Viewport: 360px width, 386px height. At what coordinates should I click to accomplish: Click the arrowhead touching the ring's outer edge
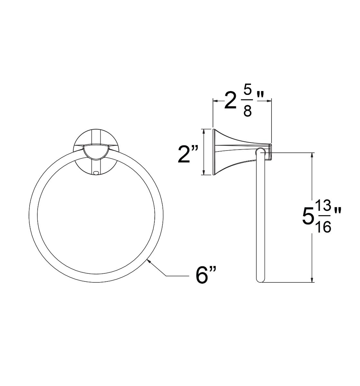coord(149,262)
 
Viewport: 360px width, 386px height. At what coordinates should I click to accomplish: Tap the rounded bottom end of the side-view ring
coord(260,279)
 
